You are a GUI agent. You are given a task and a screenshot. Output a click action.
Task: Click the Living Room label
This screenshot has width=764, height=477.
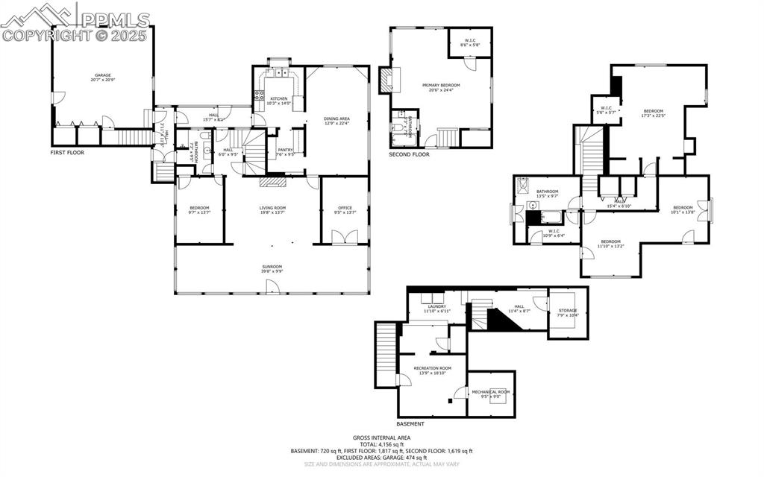point(272,209)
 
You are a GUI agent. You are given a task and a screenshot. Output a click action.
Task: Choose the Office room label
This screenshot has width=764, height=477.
point(344,209)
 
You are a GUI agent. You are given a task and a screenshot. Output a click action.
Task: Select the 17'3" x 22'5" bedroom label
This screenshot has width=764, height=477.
point(653,113)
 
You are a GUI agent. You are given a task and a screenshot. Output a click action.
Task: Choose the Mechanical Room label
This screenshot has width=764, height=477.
point(490,394)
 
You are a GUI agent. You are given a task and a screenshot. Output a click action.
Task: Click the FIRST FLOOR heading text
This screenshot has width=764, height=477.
point(68,152)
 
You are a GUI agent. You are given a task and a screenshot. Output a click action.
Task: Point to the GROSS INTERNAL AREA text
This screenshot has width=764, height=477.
point(381,438)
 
